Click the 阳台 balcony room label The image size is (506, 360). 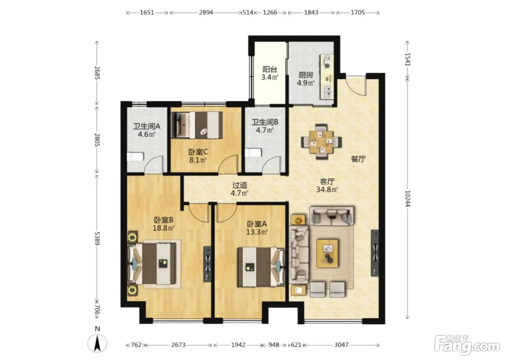pyautogui.click(x=270, y=69)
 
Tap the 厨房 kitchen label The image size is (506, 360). pyautogui.click(x=306, y=75)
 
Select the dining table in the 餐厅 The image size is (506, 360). pyautogui.click(x=321, y=142)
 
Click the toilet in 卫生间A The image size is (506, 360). pyautogui.click(x=135, y=157)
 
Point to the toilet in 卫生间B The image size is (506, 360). pyautogui.click(x=253, y=153)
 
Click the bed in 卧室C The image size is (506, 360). pyautogui.click(x=197, y=125)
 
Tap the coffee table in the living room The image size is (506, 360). pyautogui.click(x=327, y=254)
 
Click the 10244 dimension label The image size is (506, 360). pyautogui.click(x=408, y=198)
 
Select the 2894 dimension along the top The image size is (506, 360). pyautogui.click(x=206, y=12)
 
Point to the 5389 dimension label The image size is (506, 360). pyautogui.click(x=97, y=238)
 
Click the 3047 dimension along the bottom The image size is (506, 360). pyautogui.click(x=341, y=345)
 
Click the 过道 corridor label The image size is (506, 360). pyautogui.click(x=240, y=185)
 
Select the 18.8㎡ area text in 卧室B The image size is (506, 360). pyautogui.click(x=163, y=228)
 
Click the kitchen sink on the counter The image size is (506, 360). pyautogui.click(x=327, y=92)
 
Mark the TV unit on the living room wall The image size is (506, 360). pyautogui.click(x=375, y=253)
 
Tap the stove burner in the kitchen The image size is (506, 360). pyautogui.click(x=327, y=66)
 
